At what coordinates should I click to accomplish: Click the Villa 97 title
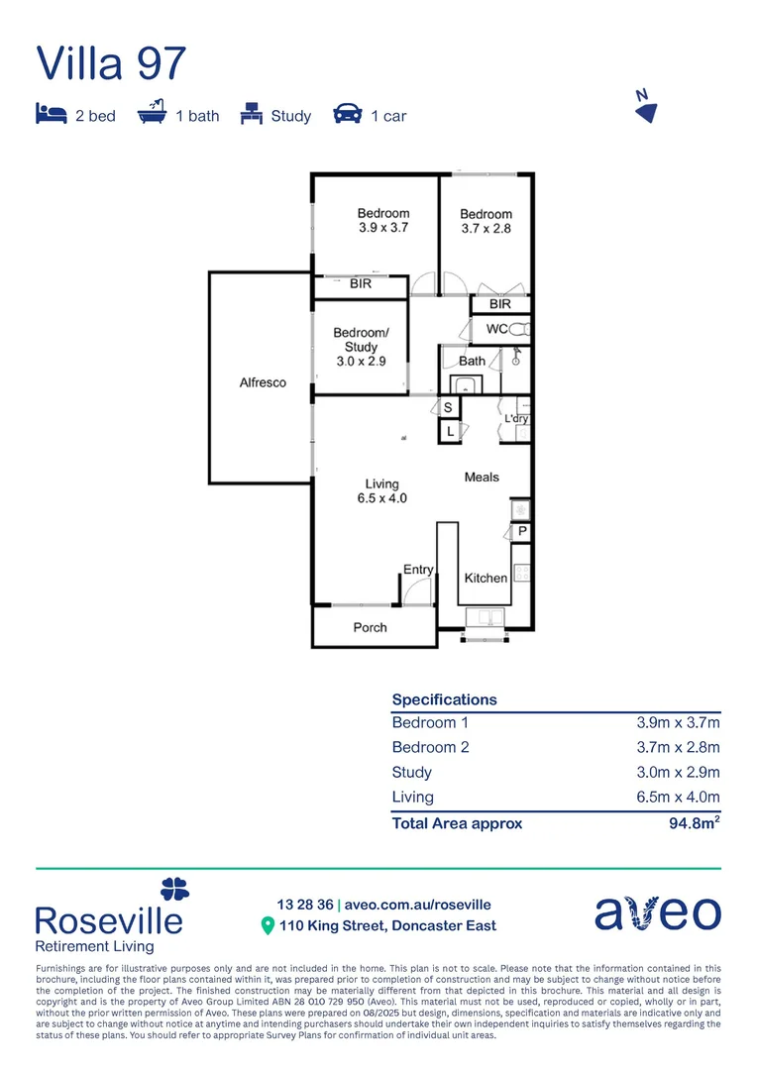coord(111,62)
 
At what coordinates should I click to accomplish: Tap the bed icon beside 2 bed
coord(50,115)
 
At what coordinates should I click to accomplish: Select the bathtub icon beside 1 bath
coord(151,114)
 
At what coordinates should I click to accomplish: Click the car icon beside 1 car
coord(347,115)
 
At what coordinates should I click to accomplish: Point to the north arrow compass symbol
coord(645,107)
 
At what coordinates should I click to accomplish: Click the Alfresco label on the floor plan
coord(263,382)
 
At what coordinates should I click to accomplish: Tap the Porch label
coord(370,627)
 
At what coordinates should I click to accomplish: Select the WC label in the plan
coord(497,328)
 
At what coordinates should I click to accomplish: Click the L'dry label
coord(516,419)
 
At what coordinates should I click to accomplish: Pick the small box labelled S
coord(448,408)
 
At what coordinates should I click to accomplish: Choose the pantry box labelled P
coord(522,532)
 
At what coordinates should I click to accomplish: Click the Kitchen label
coord(486,578)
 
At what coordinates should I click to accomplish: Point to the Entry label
coord(417,570)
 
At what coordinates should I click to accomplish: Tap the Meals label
coord(482,477)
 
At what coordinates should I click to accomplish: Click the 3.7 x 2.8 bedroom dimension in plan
coord(486,229)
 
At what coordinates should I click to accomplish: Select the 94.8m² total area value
coord(694,822)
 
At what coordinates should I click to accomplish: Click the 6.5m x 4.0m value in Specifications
coord(678,797)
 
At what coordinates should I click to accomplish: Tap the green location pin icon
coord(267,926)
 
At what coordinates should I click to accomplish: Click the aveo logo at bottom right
coord(657,912)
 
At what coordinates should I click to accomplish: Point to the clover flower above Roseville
coord(174,889)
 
